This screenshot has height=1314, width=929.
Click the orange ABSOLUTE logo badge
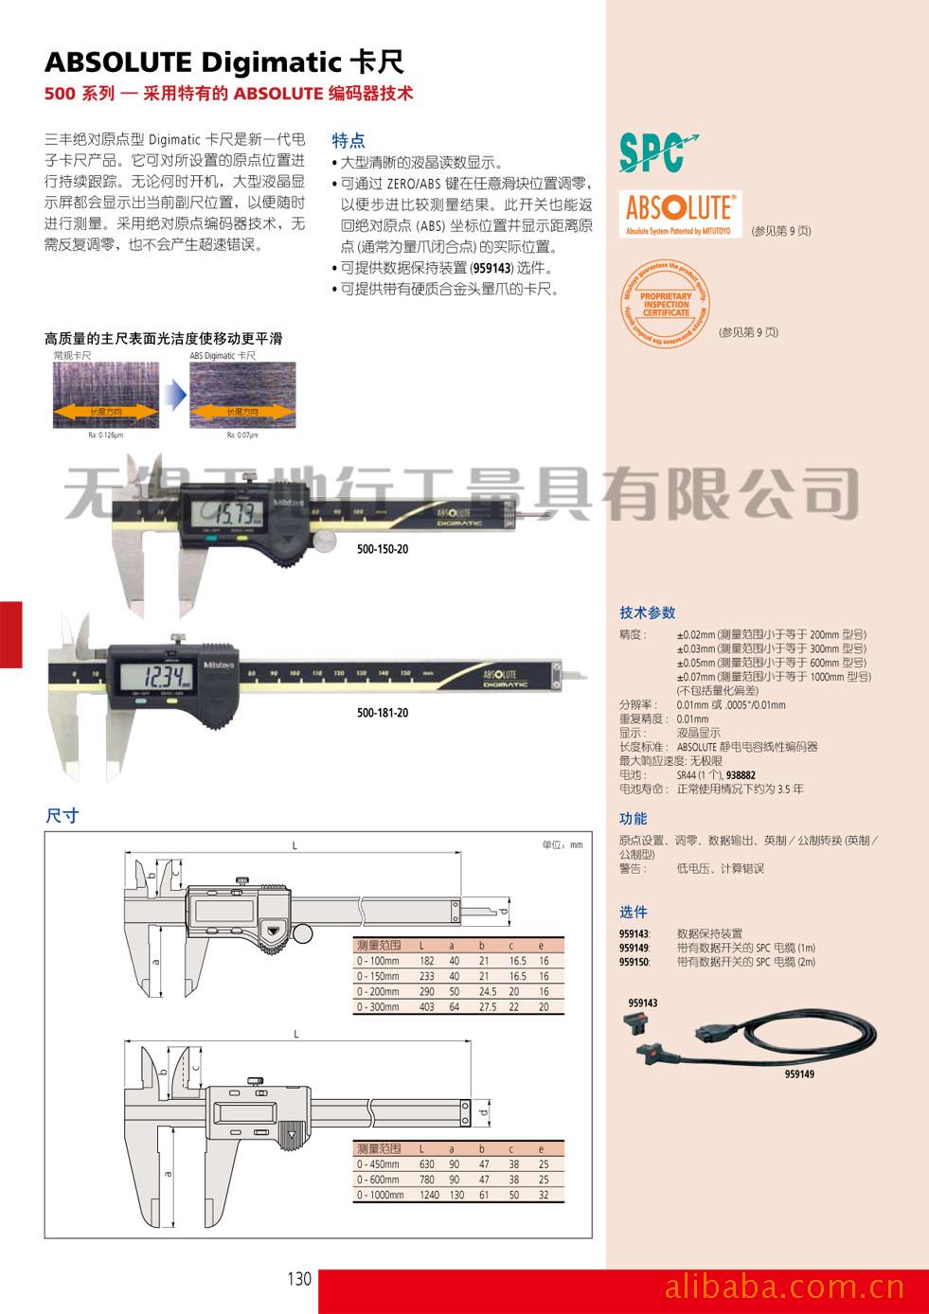tap(679, 213)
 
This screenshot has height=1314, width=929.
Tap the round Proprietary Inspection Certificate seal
tap(665, 304)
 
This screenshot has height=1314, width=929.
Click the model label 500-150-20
tap(383, 549)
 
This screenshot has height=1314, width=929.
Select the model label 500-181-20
tap(383, 713)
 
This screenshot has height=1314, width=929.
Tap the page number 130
tap(298, 1279)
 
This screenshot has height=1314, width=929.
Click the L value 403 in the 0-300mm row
tap(427, 1007)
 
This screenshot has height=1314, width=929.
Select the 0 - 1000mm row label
tap(381, 1196)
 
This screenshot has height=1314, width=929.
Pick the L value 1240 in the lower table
tap(430, 1196)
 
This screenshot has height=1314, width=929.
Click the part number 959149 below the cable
tap(798, 1074)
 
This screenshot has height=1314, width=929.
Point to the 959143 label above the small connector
tap(642, 1003)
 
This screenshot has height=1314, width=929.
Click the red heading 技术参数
tap(648, 613)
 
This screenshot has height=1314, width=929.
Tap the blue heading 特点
tap(348, 141)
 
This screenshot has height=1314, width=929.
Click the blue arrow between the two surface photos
tap(174, 393)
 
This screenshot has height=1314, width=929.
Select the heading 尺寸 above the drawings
tap(63, 816)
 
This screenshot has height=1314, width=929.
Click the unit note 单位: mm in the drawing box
tap(562, 844)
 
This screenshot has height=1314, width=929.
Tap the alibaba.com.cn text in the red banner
tap(784, 1288)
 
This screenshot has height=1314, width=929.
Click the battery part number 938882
tap(741, 775)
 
